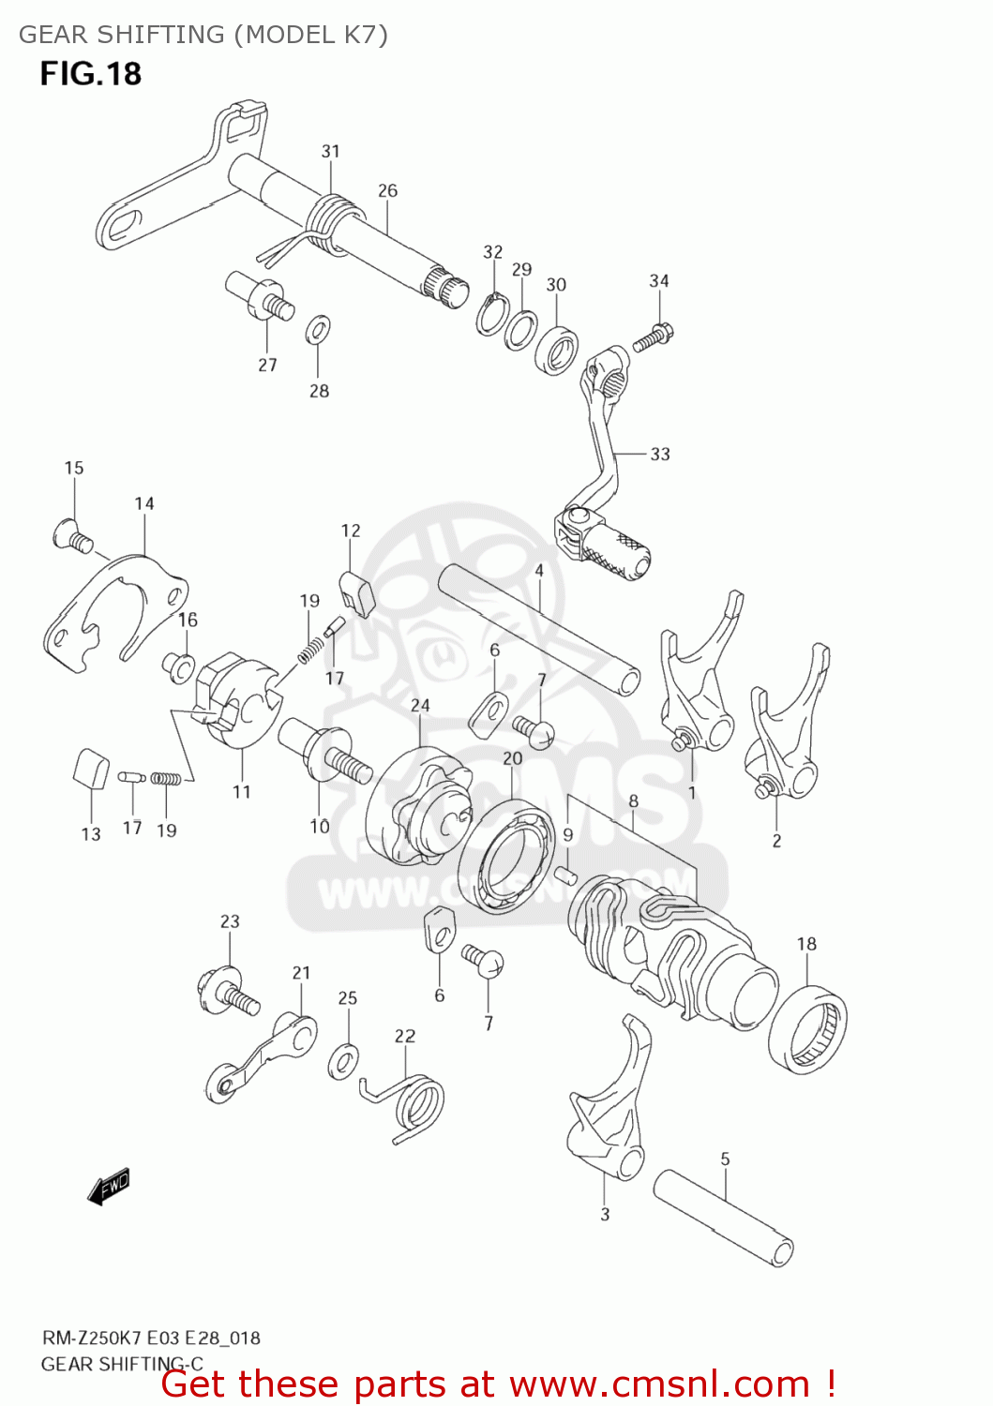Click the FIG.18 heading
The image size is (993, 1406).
(90, 74)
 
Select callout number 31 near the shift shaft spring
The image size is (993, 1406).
(330, 151)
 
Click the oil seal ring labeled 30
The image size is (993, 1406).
(556, 349)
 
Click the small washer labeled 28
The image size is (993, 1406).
(318, 330)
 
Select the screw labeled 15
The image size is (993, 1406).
(71, 534)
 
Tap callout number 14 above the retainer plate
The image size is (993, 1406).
(143, 503)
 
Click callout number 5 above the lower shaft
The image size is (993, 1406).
(725, 1159)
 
